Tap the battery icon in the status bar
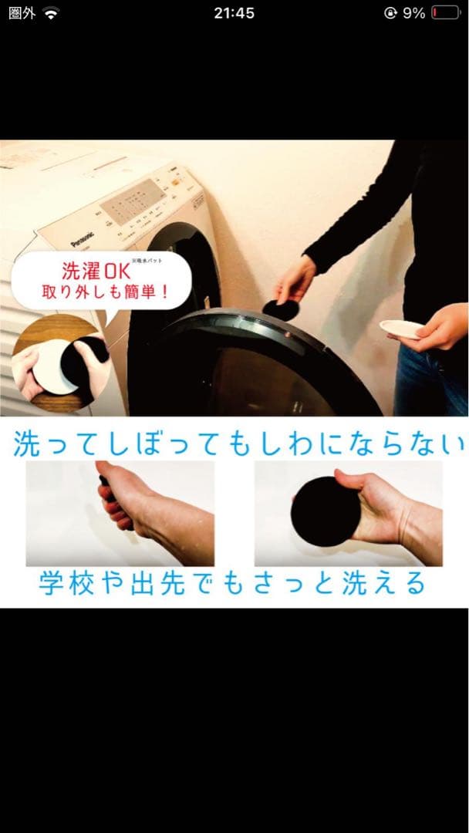point(445,13)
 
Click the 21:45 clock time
point(235,13)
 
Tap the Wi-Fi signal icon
point(51,13)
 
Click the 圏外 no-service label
point(22,13)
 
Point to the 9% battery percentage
point(413,13)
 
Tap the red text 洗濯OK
point(94,273)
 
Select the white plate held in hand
point(402,329)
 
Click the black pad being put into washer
point(281,309)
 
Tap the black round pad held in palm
point(325,511)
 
